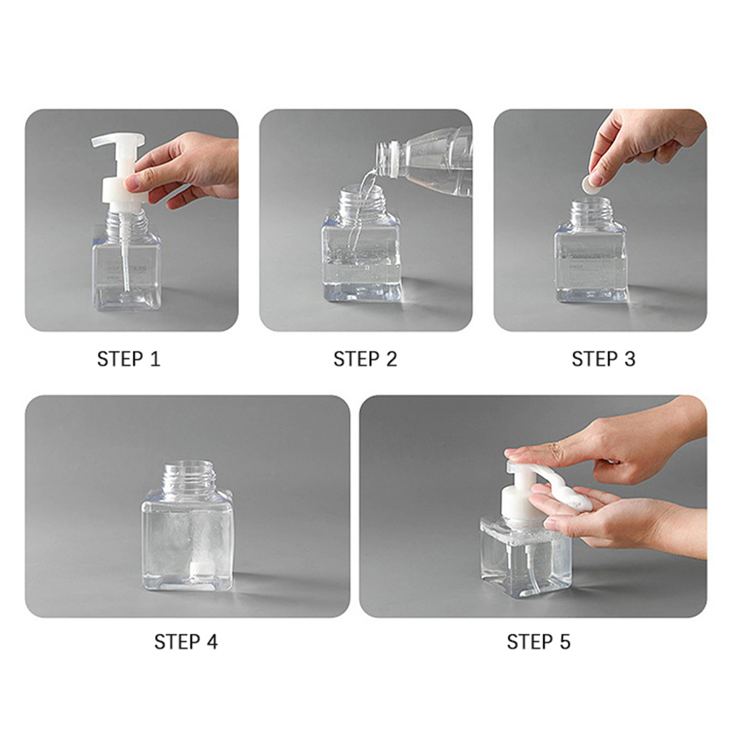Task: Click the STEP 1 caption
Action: click(129, 359)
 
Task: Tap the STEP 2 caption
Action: click(365, 359)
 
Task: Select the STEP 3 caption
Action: click(603, 359)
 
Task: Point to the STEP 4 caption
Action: click(186, 642)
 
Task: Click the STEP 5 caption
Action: click(539, 642)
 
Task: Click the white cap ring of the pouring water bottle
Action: click(393, 159)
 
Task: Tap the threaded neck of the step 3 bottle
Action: click(591, 211)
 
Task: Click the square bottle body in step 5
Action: click(526, 557)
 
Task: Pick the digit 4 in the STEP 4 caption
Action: click(211, 642)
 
